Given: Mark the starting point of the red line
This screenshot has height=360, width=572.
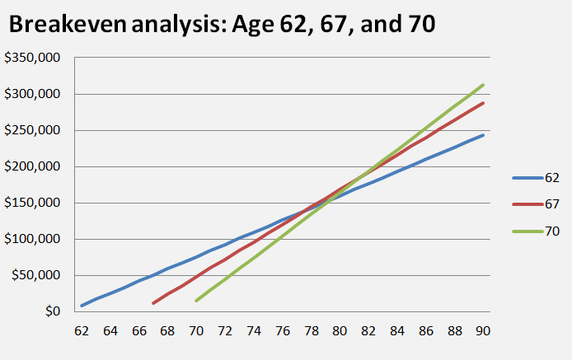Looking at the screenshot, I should coord(153,303).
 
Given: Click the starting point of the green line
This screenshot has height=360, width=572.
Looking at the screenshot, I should coord(196,301).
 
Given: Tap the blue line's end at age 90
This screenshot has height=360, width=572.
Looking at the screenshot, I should coord(483,135).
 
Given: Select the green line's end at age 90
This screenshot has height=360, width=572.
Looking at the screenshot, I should coord(483,84).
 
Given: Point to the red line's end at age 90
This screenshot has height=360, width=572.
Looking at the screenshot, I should coord(483,103).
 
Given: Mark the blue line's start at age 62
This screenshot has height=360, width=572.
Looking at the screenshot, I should coord(82,306).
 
